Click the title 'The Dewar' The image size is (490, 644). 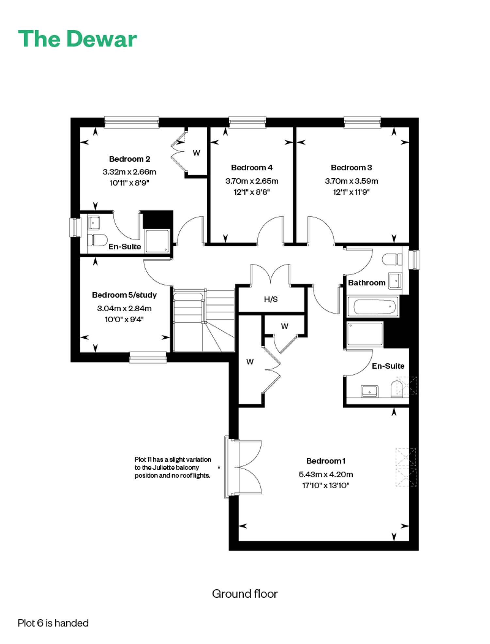[x=77, y=39]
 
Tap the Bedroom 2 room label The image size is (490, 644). [x=129, y=159]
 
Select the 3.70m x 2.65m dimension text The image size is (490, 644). [x=252, y=181]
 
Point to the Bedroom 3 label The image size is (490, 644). [x=351, y=168]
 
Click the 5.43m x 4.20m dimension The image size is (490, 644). [x=326, y=474]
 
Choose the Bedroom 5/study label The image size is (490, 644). [x=124, y=295]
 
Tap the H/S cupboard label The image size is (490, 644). [x=271, y=299]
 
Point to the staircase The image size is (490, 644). [x=204, y=320]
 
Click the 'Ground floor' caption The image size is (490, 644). [x=245, y=594]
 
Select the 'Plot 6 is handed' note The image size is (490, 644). [x=53, y=623]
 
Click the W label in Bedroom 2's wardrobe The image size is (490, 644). [x=196, y=153]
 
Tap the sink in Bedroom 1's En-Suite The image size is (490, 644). [x=369, y=391]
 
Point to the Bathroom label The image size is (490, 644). [x=367, y=283]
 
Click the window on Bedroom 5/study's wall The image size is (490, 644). [x=148, y=357]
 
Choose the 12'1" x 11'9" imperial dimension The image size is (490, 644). [x=351, y=192]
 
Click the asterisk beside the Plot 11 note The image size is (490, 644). [x=219, y=468]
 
